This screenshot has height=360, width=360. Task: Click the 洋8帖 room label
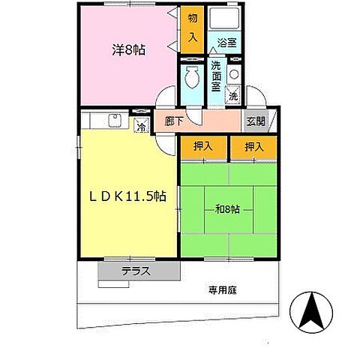(130, 51)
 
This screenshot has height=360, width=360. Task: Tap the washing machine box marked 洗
(233, 96)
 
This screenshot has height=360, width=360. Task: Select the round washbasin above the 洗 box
(233, 74)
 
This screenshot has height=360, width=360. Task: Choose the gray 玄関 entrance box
(254, 121)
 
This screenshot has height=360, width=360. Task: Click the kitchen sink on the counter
(115, 118)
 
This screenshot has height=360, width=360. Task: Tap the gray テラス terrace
(138, 271)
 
